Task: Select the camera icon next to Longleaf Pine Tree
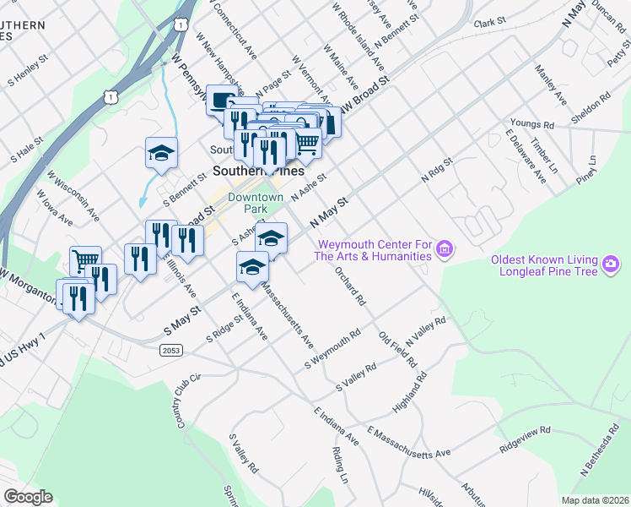click(611, 265)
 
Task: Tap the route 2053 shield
click(170, 348)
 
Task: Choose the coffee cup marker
click(221, 100)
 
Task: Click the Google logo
click(28, 497)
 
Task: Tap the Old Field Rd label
click(398, 349)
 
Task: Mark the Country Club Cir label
click(188, 401)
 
